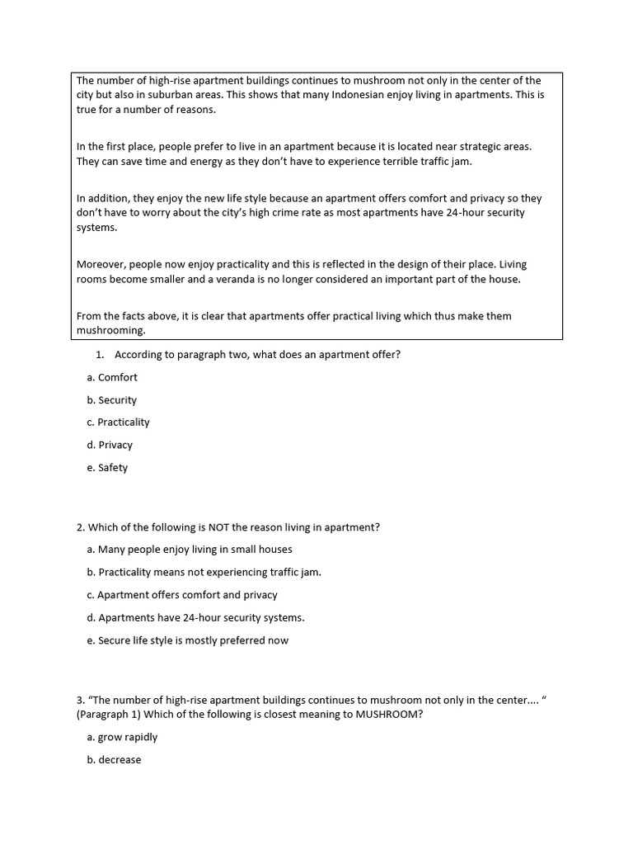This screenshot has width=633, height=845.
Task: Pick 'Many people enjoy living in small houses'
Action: point(195,550)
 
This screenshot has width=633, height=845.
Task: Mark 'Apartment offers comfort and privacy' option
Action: point(187,595)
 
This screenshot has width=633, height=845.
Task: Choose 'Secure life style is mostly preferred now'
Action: point(193,640)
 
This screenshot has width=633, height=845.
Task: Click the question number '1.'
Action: point(100,355)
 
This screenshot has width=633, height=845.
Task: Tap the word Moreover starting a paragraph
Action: point(101,265)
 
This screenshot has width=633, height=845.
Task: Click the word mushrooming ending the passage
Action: point(110,330)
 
